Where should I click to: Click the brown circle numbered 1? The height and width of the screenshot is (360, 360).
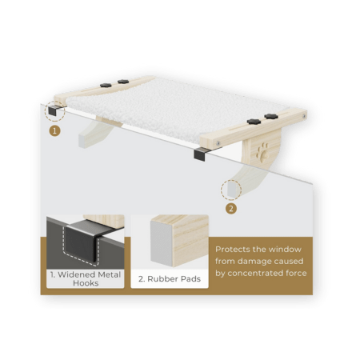click(x=54, y=131)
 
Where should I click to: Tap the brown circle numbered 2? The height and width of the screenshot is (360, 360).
click(x=231, y=209)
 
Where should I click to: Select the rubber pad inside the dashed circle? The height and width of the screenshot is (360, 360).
click(x=231, y=190)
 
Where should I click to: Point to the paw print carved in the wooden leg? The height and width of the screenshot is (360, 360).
click(x=262, y=153)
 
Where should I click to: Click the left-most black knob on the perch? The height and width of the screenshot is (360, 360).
click(x=106, y=86)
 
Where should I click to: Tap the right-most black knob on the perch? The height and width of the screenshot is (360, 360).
click(x=271, y=116)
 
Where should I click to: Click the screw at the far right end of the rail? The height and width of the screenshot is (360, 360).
click(x=304, y=116)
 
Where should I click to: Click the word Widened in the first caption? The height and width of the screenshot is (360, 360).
click(x=76, y=274)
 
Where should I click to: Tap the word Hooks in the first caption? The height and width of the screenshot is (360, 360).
click(x=86, y=283)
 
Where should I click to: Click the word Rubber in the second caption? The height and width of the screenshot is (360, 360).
click(x=162, y=279)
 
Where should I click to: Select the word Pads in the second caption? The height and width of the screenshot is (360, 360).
click(x=190, y=279)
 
